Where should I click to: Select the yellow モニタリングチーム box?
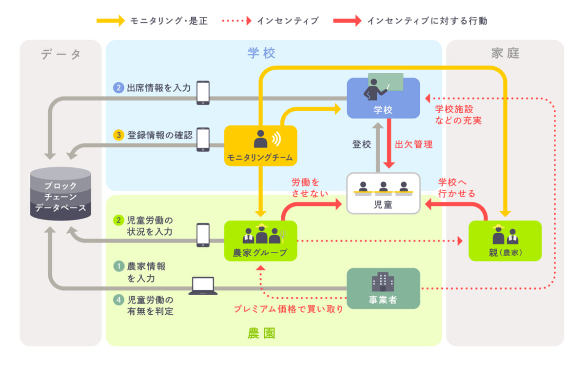click(260, 145)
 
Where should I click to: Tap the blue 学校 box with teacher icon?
click(383, 98)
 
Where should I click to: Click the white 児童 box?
click(383, 193)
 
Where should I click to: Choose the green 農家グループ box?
click(260, 241)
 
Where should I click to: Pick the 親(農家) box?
click(505, 241)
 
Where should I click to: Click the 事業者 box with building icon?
click(383, 288)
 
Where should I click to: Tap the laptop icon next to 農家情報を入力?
click(203, 286)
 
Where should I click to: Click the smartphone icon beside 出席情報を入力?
click(203, 93)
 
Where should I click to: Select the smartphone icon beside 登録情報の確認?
click(203, 140)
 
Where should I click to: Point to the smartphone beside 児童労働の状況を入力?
click(203, 235)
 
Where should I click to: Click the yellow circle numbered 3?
click(119, 136)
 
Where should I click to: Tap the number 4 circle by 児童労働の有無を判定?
click(119, 300)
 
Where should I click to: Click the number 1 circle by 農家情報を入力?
click(119, 266)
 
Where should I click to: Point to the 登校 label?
click(362, 144)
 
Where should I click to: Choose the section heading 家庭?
click(505, 53)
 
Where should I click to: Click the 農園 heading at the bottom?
click(261, 333)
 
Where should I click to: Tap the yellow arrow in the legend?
click(111, 20)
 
